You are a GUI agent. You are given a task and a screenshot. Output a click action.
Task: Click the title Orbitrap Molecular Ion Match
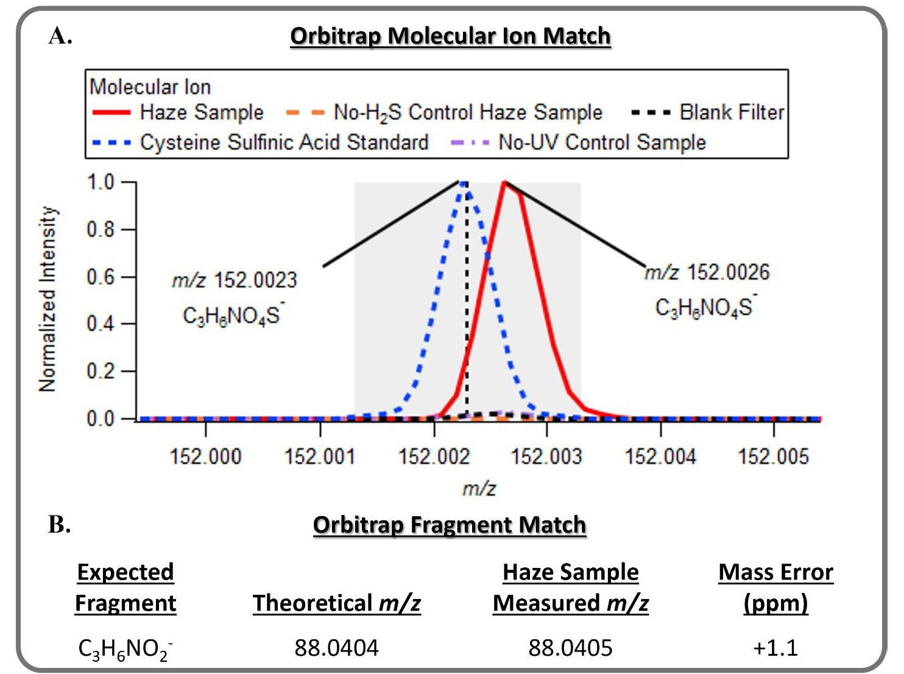coord(450,36)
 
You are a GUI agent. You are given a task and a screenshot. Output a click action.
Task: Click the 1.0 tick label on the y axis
coord(101,182)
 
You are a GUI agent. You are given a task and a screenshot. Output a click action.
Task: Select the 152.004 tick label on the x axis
coord(660,456)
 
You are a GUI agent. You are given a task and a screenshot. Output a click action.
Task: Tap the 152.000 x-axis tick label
coord(205,456)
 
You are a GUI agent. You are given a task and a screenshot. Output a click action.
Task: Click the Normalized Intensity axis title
coord(48,299)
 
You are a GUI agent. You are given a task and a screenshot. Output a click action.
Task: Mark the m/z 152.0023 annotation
coord(234,280)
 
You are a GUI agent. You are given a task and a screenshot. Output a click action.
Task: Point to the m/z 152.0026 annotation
coord(707,272)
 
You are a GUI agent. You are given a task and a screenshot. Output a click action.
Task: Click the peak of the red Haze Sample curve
coord(504,182)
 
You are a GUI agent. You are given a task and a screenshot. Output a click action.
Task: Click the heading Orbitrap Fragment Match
coord(450,525)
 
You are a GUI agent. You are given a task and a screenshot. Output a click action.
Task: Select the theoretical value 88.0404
coord(336,648)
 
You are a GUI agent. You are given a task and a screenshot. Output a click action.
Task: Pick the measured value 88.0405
coord(570,648)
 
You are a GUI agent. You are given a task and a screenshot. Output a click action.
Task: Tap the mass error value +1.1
coord(775,648)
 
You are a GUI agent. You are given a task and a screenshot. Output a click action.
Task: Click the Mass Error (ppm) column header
coord(775,587)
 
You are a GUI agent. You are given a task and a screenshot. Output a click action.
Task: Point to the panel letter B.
coord(59,525)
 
